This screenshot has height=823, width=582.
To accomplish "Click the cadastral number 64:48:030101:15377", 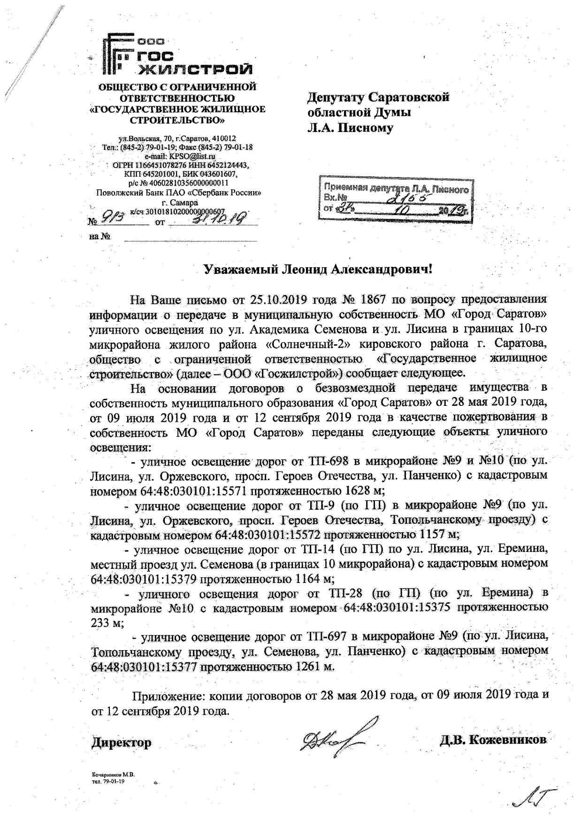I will click(144, 666).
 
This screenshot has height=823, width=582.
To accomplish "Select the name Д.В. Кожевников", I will click(493, 740).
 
